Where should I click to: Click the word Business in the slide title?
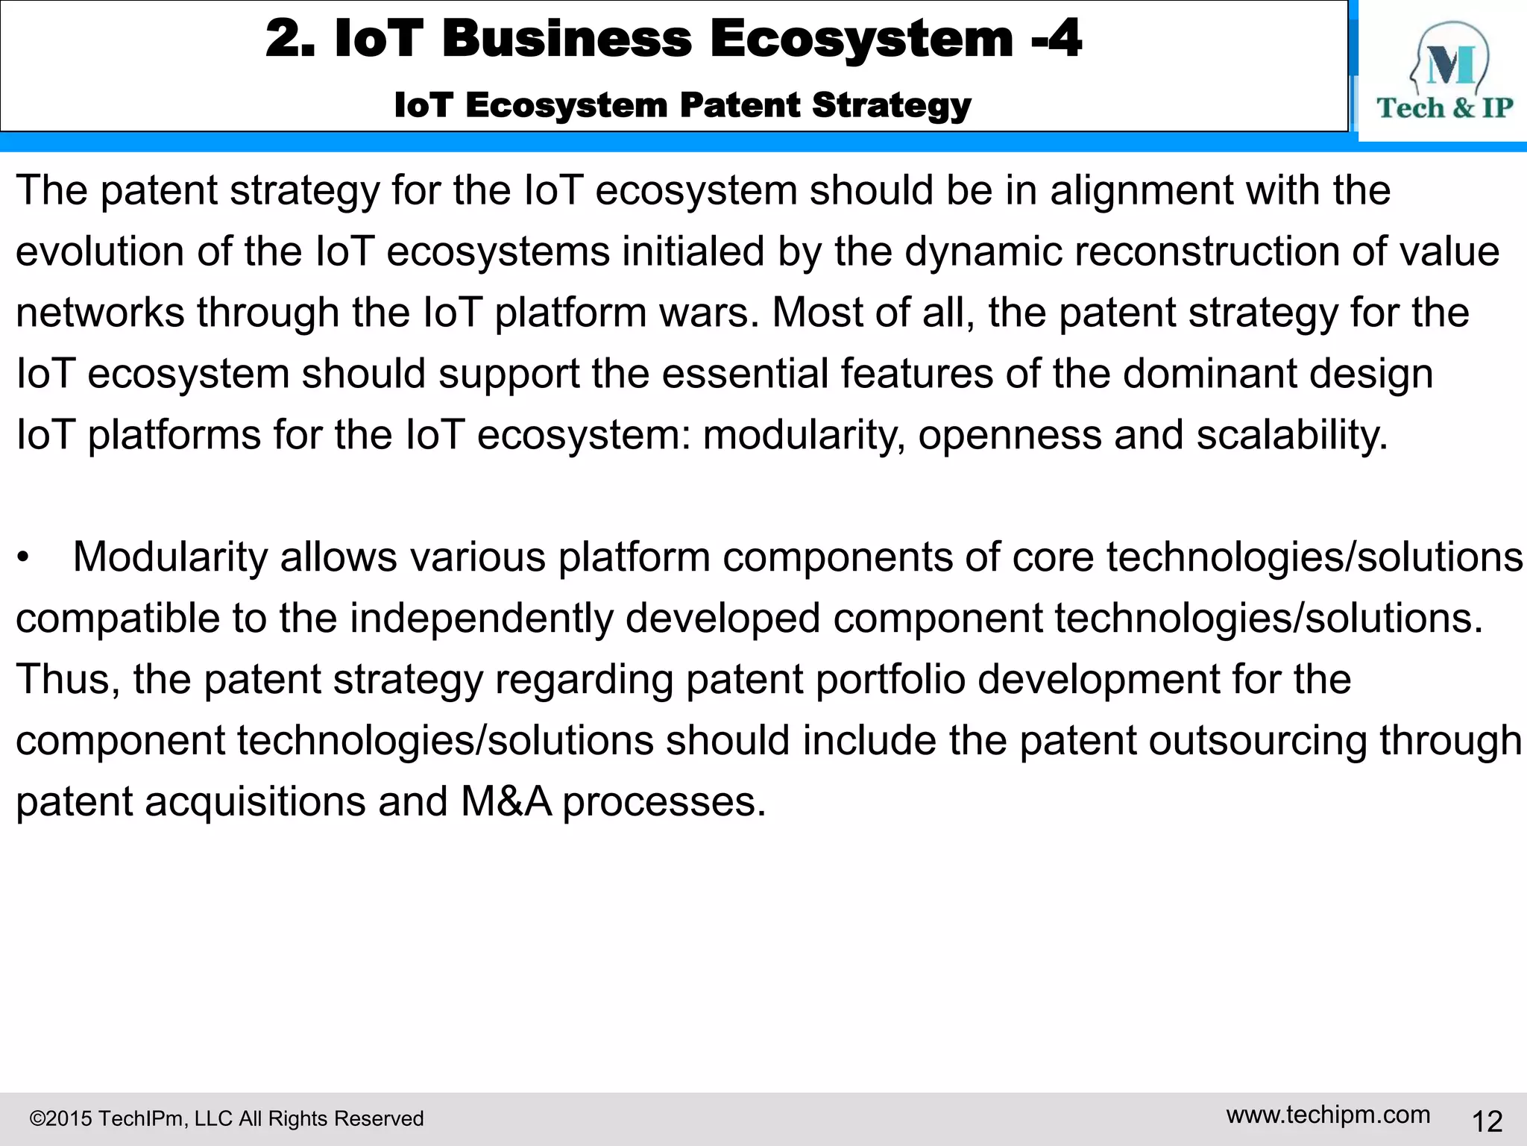567,39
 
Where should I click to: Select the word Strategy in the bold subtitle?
892,105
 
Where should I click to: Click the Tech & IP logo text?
1444,108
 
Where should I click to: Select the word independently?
482,619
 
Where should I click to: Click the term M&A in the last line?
506,802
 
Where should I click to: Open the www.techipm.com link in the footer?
1328,1115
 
